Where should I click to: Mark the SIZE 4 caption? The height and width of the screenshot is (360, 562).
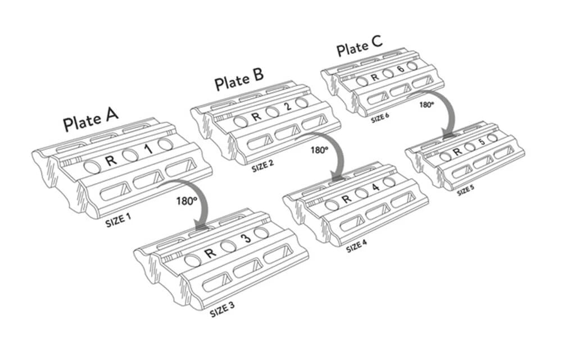coord(360,246)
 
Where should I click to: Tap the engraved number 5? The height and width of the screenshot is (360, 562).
coord(481,142)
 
